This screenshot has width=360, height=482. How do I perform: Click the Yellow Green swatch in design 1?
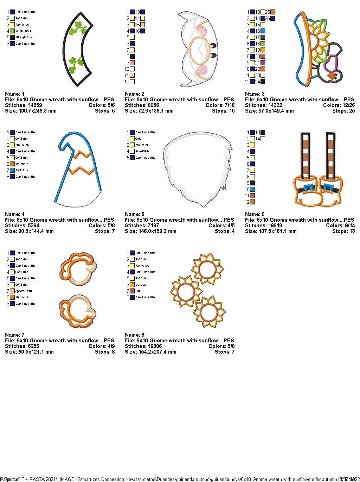click(12, 31)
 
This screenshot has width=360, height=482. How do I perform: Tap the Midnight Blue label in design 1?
click(24, 37)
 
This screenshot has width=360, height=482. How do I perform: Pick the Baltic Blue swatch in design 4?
click(12, 170)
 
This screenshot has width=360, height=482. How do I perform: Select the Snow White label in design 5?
click(142, 151)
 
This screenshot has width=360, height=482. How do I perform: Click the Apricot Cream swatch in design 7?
click(12, 291)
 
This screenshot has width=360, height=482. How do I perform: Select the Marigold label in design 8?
click(141, 285)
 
